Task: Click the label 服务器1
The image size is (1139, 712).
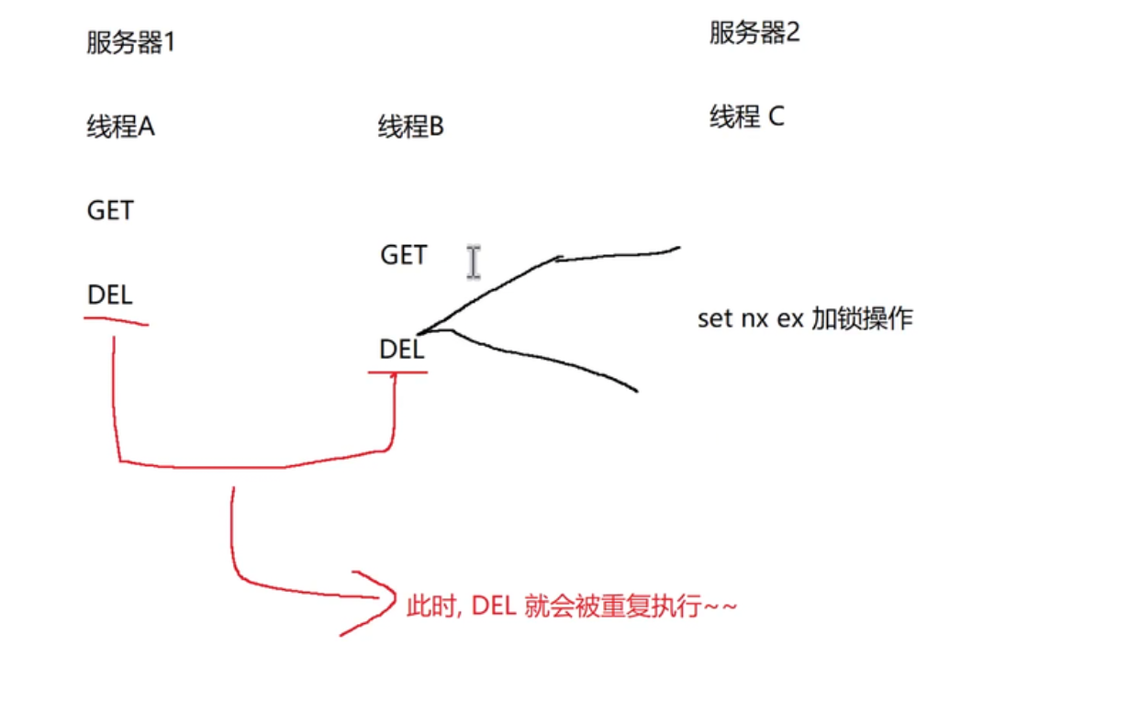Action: (130, 43)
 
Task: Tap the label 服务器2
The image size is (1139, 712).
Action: (754, 34)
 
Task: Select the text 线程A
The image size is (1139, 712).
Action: (121, 128)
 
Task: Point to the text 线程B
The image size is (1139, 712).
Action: (410, 128)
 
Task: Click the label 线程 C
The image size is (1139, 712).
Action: (747, 117)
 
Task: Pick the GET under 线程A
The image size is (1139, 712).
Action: (110, 211)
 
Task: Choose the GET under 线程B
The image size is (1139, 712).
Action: (404, 255)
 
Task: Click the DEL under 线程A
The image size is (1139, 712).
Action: (110, 295)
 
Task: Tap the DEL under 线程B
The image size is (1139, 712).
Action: (402, 350)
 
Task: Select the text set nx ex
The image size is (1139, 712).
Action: (750, 319)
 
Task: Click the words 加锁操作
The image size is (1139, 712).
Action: (862, 319)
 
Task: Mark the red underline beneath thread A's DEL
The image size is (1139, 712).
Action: (116, 320)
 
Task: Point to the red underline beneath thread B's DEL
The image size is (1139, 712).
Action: (398, 372)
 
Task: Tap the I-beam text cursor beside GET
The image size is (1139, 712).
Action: (473, 262)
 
